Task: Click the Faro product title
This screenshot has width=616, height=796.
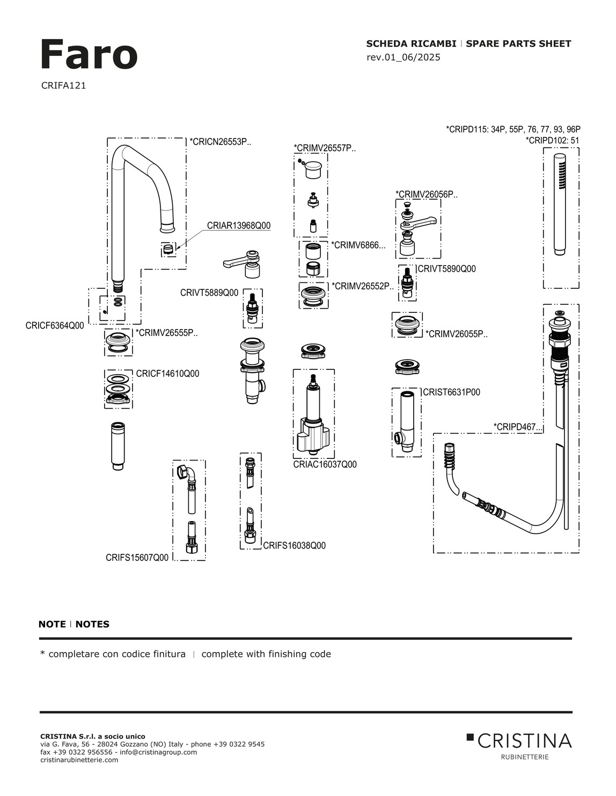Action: tap(89, 55)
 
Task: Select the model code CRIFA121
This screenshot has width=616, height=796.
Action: tap(63, 85)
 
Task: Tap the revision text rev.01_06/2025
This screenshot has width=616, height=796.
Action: tap(403, 57)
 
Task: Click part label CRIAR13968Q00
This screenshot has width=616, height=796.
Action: tap(239, 225)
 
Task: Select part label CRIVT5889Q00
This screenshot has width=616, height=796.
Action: tap(209, 293)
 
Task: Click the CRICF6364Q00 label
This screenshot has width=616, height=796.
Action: tap(55, 325)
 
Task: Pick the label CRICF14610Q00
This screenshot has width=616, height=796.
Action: tap(167, 374)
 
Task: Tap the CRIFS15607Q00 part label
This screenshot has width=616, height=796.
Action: tap(137, 558)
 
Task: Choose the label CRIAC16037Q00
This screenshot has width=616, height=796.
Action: tap(325, 464)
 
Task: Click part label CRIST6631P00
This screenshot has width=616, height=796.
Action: tap(451, 392)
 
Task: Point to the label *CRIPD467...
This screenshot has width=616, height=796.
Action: tap(517, 427)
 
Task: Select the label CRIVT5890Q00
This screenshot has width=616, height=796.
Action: tap(446, 269)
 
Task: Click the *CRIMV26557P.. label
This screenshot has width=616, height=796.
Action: tap(324, 148)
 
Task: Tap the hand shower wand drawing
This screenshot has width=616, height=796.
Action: tap(560, 204)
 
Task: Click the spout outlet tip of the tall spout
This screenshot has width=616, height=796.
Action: tap(167, 228)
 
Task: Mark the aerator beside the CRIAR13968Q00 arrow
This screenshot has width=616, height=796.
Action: tap(168, 249)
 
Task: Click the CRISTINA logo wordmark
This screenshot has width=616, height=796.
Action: tap(524, 741)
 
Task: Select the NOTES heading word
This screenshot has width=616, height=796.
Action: tap(92, 624)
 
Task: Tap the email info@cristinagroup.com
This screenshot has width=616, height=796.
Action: tap(158, 752)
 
